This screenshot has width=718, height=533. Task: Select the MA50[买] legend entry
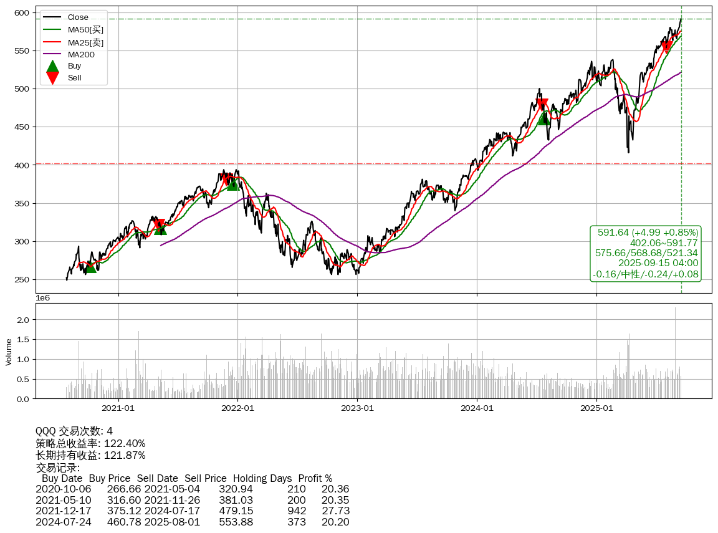pyautogui.click(x=85, y=29)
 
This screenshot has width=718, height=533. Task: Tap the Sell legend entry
pyautogui.click(x=74, y=78)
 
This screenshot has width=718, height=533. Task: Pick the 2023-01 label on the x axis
pyautogui.click(x=357, y=409)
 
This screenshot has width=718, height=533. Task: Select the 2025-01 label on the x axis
pyautogui.click(x=596, y=409)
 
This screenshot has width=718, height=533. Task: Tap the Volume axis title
pyautogui.click(x=9, y=352)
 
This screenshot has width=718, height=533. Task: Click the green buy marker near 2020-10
pyautogui.click(x=91, y=267)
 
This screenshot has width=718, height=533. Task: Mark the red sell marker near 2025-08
pyautogui.click(x=667, y=47)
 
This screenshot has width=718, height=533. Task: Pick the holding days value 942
pyautogui.click(x=296, y=511)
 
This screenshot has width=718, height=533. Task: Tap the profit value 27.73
pyautogui.click(x=335, y=511)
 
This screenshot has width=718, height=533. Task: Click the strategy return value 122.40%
pyautogui.click(x=124, y=443)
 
